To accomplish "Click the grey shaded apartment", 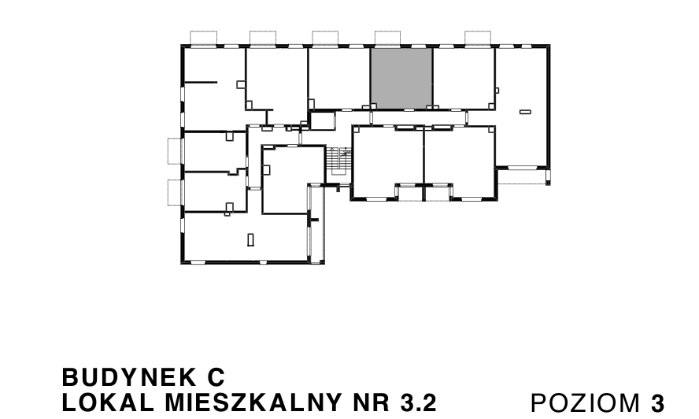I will tap(401, 77).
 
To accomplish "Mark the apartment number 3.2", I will tap(416, 402).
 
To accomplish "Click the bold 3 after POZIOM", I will tap(658, 402).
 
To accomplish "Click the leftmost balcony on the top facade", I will tap(205, 38).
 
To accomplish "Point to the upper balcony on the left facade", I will tap(175, 150).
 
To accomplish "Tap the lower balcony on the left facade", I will tap(175, 191).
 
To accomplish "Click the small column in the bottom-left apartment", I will tap(250, 239).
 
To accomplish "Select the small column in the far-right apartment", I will tap(525, 113).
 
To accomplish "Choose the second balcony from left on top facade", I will tap(263, 38).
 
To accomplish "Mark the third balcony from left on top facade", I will tap(324, 38).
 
